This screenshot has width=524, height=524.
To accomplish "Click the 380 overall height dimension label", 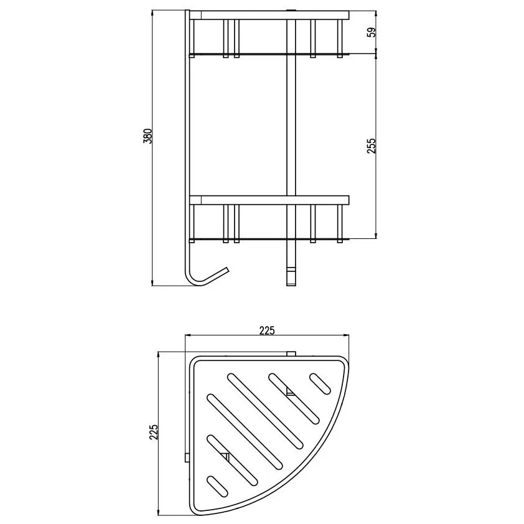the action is coord(147,136).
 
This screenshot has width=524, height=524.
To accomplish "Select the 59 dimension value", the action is coord(372,32).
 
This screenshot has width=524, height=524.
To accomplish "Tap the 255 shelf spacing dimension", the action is coord(372,146).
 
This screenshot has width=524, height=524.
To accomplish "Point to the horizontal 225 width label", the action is coord(267,330).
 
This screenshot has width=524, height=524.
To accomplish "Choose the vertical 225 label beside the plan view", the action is coord(153,432).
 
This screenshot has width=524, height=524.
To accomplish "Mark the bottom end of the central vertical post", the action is coord(291,284).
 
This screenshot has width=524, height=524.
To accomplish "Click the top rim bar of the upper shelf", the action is coord(269,16).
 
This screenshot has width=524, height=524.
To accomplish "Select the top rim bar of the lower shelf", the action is coord(269,200).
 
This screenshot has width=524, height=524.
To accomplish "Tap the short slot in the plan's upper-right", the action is coord(320,383).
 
